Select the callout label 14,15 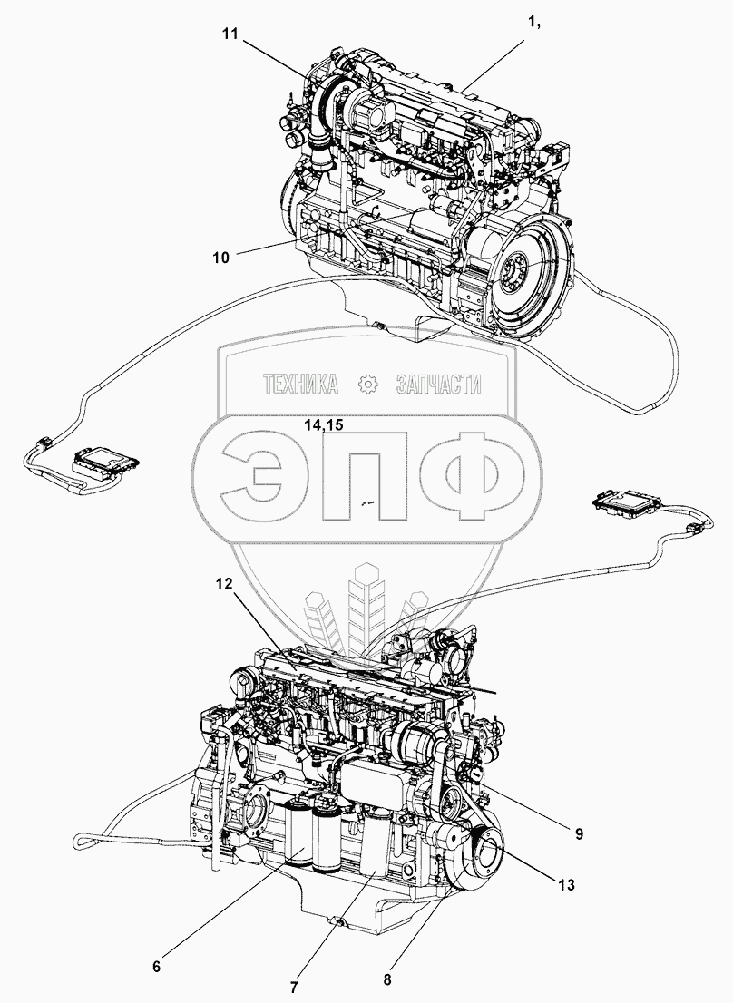point(324,425)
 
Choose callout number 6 point(156,967)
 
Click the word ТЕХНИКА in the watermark point(300,385)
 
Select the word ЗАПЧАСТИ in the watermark point(439,385)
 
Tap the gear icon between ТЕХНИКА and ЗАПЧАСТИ point(367,385)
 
